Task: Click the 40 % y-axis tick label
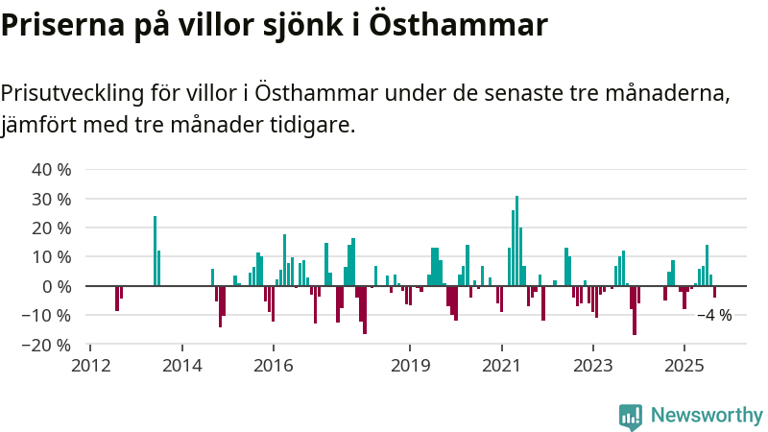(52, 170)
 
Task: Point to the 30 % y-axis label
(52, 200)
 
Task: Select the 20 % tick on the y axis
(52, 228)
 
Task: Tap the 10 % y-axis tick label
(52, 257)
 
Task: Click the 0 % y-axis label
(57, 286)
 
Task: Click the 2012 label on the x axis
(91, 366)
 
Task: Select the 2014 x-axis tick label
(182, 366)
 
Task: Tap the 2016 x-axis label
(274, 366)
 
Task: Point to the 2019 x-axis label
(410, 366)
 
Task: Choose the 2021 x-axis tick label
(501, 366)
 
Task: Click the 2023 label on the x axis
(592, 366)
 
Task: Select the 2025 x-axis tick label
(684, 366)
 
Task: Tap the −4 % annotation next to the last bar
(715, 315)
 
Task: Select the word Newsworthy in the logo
(707, 416)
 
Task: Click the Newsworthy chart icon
(631, 416)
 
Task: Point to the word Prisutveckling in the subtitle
(72, 94)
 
